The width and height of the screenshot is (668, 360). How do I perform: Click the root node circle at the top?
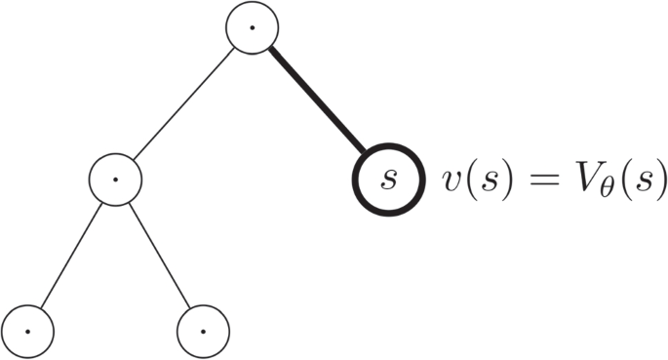tap(252, 28)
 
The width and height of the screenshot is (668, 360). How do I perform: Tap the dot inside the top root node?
tap(252, 28)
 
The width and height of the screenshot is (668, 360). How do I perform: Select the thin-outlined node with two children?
tap(115, 180)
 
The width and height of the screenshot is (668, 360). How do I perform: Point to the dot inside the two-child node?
tap(115, 180)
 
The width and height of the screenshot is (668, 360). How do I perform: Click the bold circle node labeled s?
tap(388, 180)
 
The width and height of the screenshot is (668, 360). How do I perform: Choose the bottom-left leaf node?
tap(28, 331)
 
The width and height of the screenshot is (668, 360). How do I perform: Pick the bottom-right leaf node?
tap(203, 331)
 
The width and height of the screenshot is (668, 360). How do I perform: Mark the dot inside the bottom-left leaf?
tap(28, 331)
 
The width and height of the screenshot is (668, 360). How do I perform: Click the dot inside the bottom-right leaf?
tap(203, 331)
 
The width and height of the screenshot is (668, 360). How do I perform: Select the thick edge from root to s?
tap(318, 101)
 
